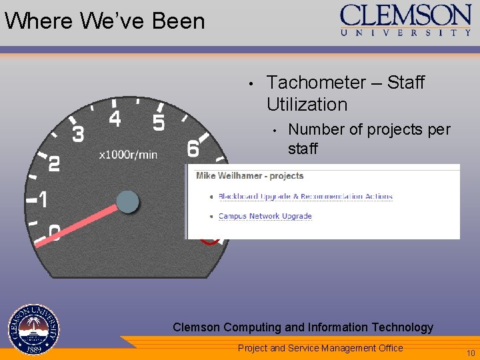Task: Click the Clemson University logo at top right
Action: click(406, 19)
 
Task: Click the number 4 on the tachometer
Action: click(115, 119)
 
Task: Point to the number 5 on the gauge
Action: click(159, 123)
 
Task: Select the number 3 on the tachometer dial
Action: click(78, 135)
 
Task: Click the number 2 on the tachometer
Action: click(55, 164)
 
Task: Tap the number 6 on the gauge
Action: click(193, 148)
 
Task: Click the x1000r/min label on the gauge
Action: click(128, 155)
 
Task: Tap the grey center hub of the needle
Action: click(127, 201)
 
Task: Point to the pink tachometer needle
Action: click(80, 221)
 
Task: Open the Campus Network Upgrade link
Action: click(265, 216)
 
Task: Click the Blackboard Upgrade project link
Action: click(305, 197)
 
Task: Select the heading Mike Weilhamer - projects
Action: click(249, 176)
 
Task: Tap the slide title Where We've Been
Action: click(105, 21)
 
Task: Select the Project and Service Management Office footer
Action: click(321, 348)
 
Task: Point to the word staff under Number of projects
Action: click(303, 148)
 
